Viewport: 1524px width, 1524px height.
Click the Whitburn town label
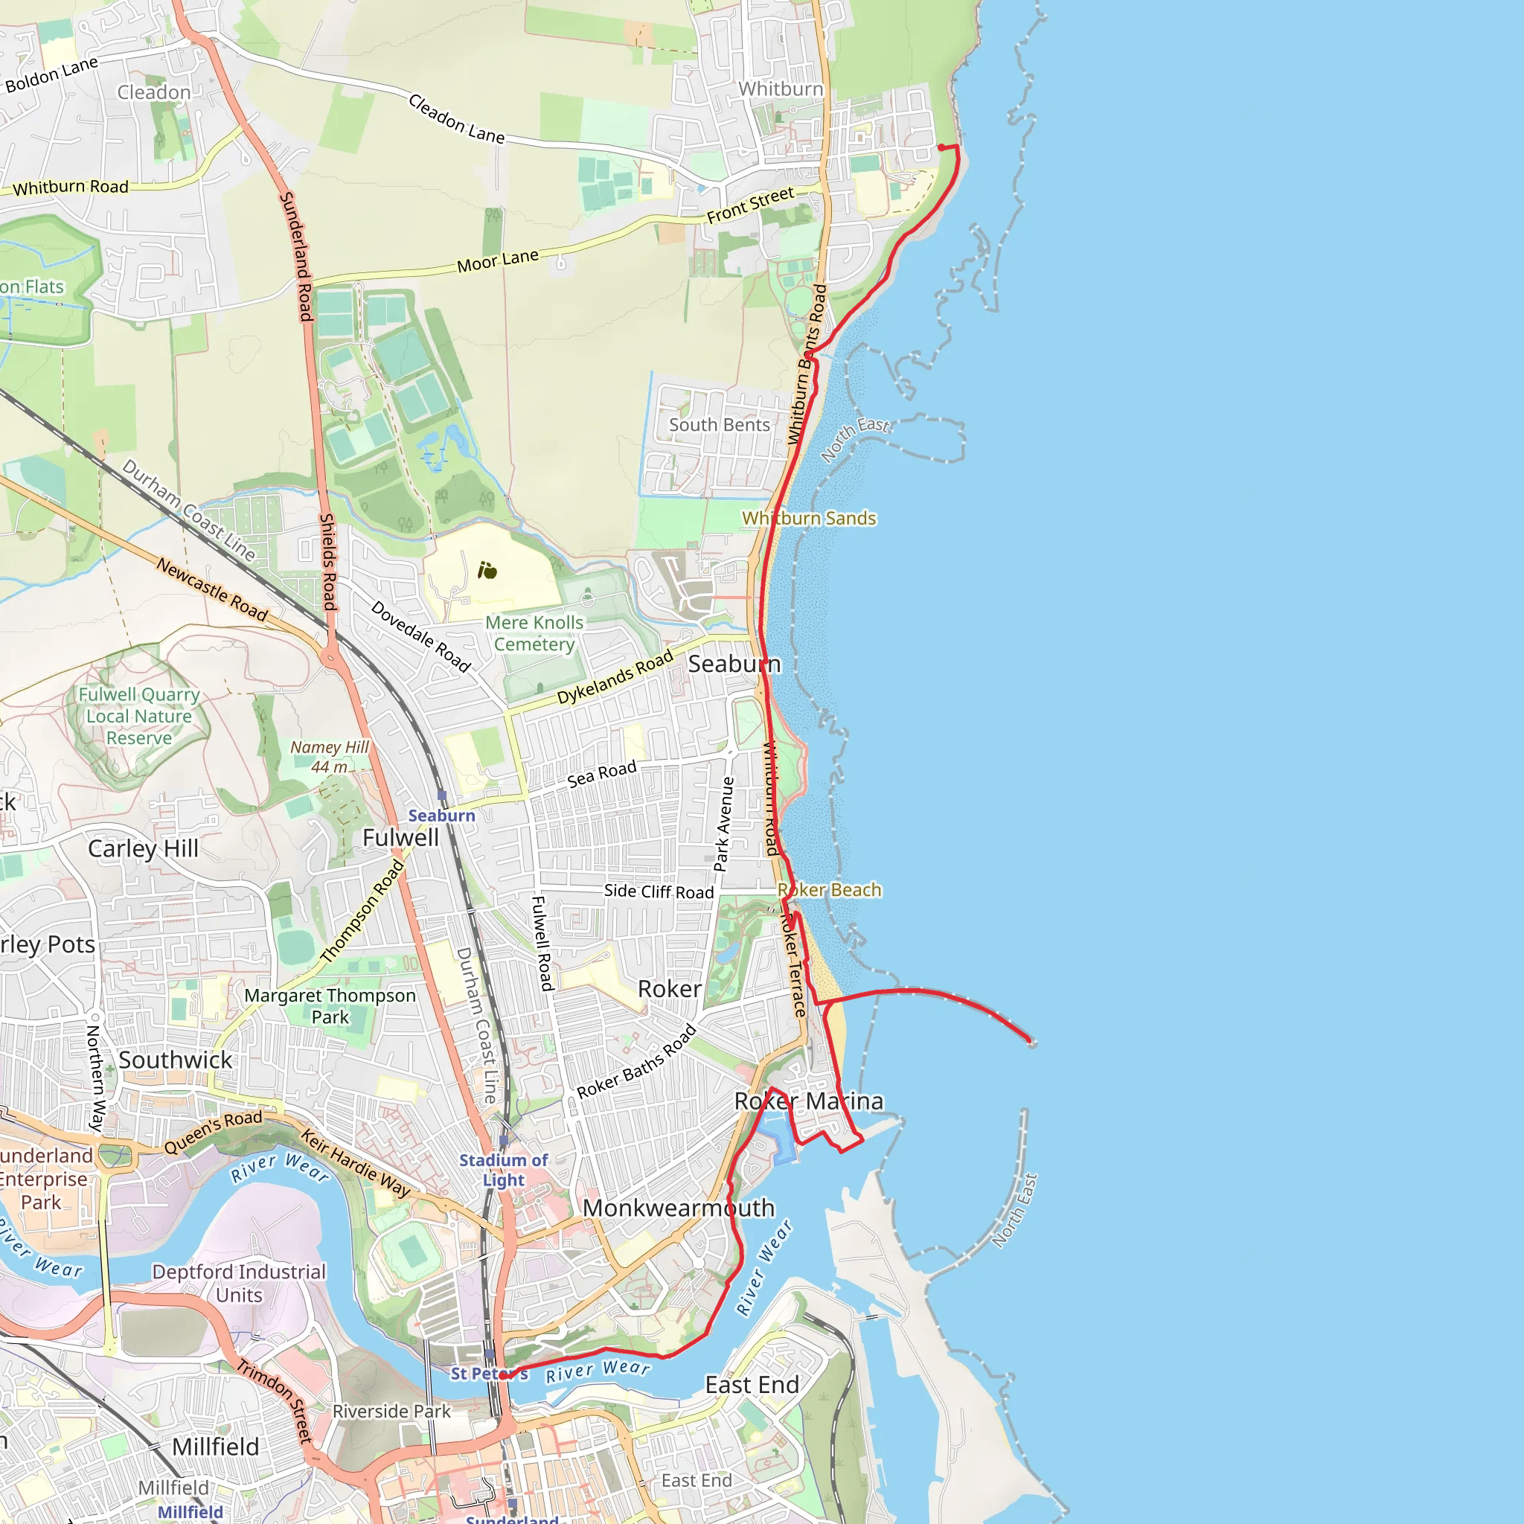tap(780, 89)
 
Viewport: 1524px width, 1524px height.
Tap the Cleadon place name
tap(154, 92)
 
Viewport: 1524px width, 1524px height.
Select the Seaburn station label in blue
tap(441, 816)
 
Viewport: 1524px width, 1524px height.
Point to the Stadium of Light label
tap(503, 1170)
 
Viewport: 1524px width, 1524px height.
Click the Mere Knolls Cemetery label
tap(534, 633)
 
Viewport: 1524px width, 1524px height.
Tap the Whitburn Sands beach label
tap(809, 518)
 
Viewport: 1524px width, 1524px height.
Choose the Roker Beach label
tap(829, 890)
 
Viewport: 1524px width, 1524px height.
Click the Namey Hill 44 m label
tap(329, 757)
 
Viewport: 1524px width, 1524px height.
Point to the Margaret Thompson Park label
tap(330, 1006)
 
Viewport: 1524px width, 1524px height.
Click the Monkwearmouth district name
tap(679, 1208)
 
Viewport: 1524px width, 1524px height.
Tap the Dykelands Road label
tap(615, 677)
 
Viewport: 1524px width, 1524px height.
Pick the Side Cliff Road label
tap(659, 891)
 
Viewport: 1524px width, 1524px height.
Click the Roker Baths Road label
tap(636, 1061)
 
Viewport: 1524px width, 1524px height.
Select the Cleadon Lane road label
tap(457, 119)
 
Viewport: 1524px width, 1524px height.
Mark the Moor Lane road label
tap(498, 260)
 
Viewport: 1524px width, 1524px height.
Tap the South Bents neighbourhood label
tap(719, 424)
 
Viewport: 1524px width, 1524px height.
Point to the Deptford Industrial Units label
tap(239, 1284)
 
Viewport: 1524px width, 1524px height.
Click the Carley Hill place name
tap(143, 849)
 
